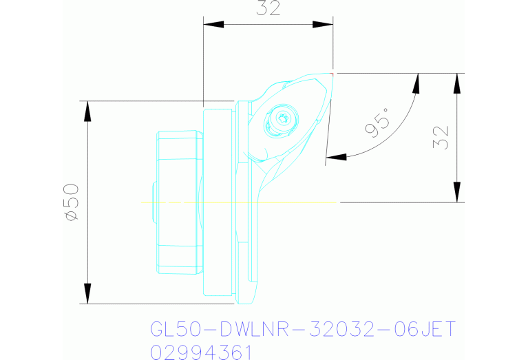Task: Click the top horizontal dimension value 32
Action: coord(269,10)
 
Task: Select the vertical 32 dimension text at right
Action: coord(441,137)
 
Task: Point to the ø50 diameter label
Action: coord(72,202)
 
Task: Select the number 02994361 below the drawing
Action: coord(201,352)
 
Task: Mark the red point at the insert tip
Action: coord(332,73)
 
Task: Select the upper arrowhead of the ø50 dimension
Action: coord(87,110)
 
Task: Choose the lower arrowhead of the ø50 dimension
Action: coord(87,293)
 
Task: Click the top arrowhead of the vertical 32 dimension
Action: coord(456,82)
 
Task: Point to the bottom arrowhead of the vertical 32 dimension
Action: coord(456,193)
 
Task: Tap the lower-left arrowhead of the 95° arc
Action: coord(335,157)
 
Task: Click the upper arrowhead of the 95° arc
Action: coord(416,83)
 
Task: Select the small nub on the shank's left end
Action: coord(152,202)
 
